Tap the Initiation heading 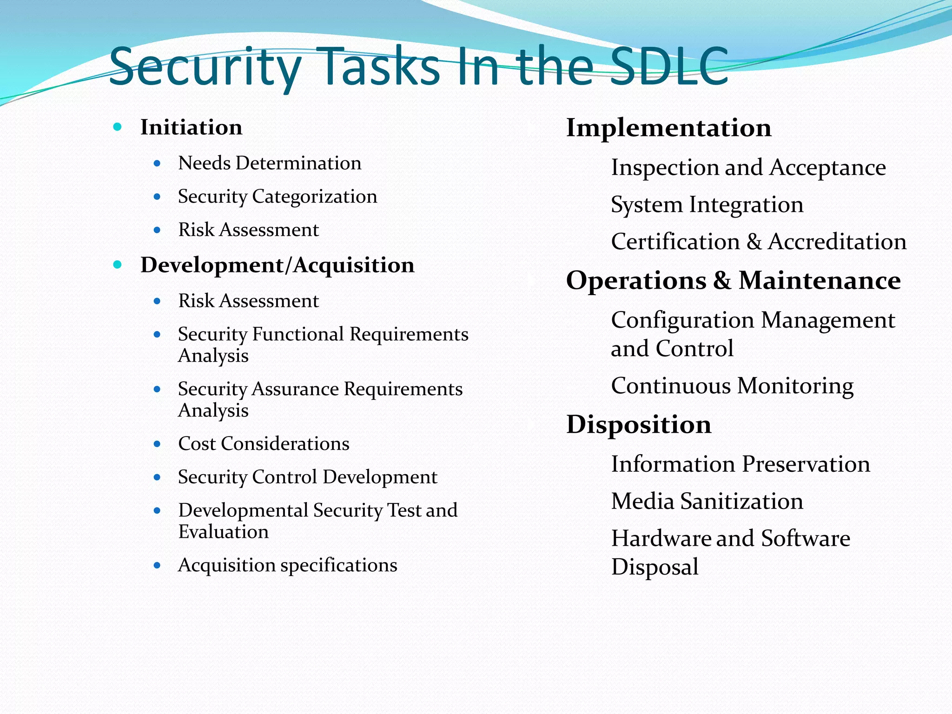[x=191, y=127]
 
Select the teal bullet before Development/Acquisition [x=118, y=264]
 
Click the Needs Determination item [x=270, y=163]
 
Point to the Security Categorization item [x=278, y=197]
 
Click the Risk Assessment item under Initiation [x=248, y=230]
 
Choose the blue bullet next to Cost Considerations [x=157, y=444]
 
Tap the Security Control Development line [x=307, y=477]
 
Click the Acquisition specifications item [x=287, y=565]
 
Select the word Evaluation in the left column [x=223, y=532]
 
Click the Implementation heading [x=668, y=128]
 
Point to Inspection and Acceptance [x=748, y=167]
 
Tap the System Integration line [x=707, y=205]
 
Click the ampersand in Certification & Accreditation [x=754, y=242]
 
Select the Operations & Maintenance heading [x=733, y=281]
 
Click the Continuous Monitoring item [x=732, y=386]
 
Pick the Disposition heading [x=638, y=424]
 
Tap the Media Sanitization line [x=707, y=501]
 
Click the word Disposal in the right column [x=654, y=567]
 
